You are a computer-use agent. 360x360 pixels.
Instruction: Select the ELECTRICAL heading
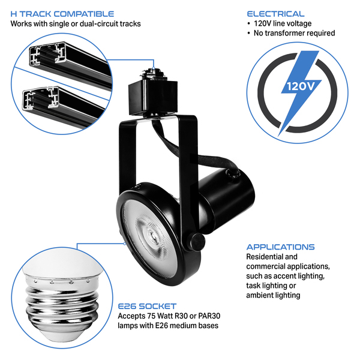275,13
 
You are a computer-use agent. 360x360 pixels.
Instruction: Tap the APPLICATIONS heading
280,247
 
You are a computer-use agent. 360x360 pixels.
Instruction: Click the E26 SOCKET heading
147,305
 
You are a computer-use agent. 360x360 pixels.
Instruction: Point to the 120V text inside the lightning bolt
299,86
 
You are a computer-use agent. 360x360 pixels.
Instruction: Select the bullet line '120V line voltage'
282,23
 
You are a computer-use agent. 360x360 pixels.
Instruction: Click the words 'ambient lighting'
273,295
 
